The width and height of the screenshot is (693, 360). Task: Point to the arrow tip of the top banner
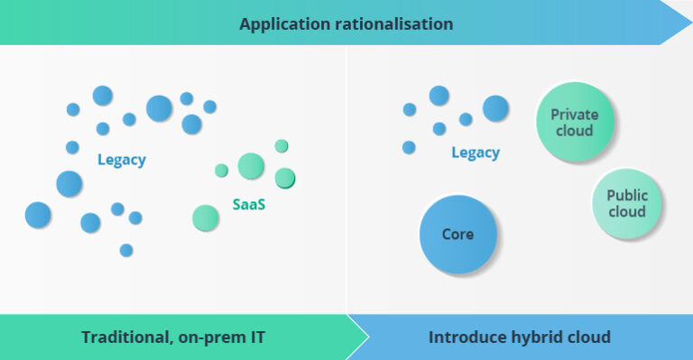pyautogui.click(x=685, y=22)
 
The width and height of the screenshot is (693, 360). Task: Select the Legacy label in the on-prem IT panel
pyautogui.click(x=122, y=161)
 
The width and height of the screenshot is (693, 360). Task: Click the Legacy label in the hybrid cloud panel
pyautogui.click(x=475, y=152)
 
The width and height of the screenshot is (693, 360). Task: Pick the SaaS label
pyautogui.click(x=249, y=204)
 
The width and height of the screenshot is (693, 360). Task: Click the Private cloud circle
pyautogui.click(x=574, y=123)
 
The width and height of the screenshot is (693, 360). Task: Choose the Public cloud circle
pyautogui.click(x=627, y=203)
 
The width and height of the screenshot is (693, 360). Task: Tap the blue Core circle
pyautogui.click(x=458, y=235)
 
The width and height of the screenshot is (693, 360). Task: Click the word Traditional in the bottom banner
pyautogui.click(x=123, y=337)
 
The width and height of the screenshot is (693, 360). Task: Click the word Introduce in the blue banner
pyautogui.click(x=467, y=337)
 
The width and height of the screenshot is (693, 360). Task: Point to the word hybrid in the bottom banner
pyautogui.click(x=539, y=337)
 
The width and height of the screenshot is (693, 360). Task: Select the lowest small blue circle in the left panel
pyautogui.click(x=126, y=250)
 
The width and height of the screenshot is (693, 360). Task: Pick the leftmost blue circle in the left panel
pyautogui.click(x=38, y=215)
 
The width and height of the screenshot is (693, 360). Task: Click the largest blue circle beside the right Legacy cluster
pyautogui.click(x=495, y=108)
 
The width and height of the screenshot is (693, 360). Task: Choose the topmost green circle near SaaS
pyautogui.click(x=282, y=146)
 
